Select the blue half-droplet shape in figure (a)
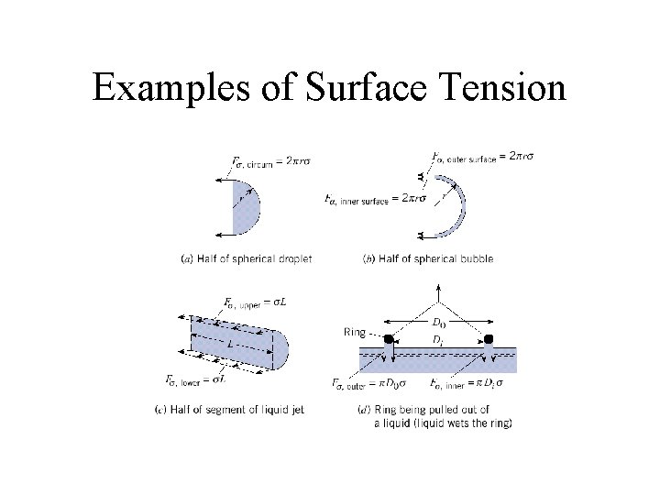click(245, 209)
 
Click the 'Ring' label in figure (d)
click(353, 332)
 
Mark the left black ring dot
click(389, 339)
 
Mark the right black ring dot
click(489, 339)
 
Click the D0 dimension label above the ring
click(438, 324)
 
